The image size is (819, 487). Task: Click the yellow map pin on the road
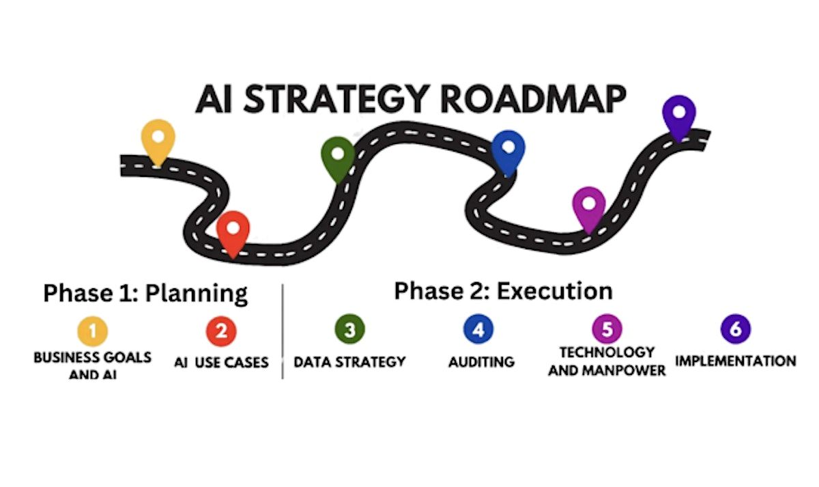(158, 139)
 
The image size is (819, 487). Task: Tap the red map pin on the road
(233, 231)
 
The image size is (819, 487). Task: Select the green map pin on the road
(338, 156)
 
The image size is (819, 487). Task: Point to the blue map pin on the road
(508, 150)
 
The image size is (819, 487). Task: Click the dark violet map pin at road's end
(679, 114)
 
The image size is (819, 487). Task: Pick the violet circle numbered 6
(735, 329)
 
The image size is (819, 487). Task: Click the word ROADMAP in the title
(533, 100)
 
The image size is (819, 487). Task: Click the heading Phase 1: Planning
(145, 293)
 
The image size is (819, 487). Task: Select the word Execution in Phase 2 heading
(554, 291)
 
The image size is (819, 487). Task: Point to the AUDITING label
(481, 361)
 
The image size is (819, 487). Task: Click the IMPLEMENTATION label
(735, 361)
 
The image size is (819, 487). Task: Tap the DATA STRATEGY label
(349, 361)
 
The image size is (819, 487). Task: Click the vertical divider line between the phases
(283, 331)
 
